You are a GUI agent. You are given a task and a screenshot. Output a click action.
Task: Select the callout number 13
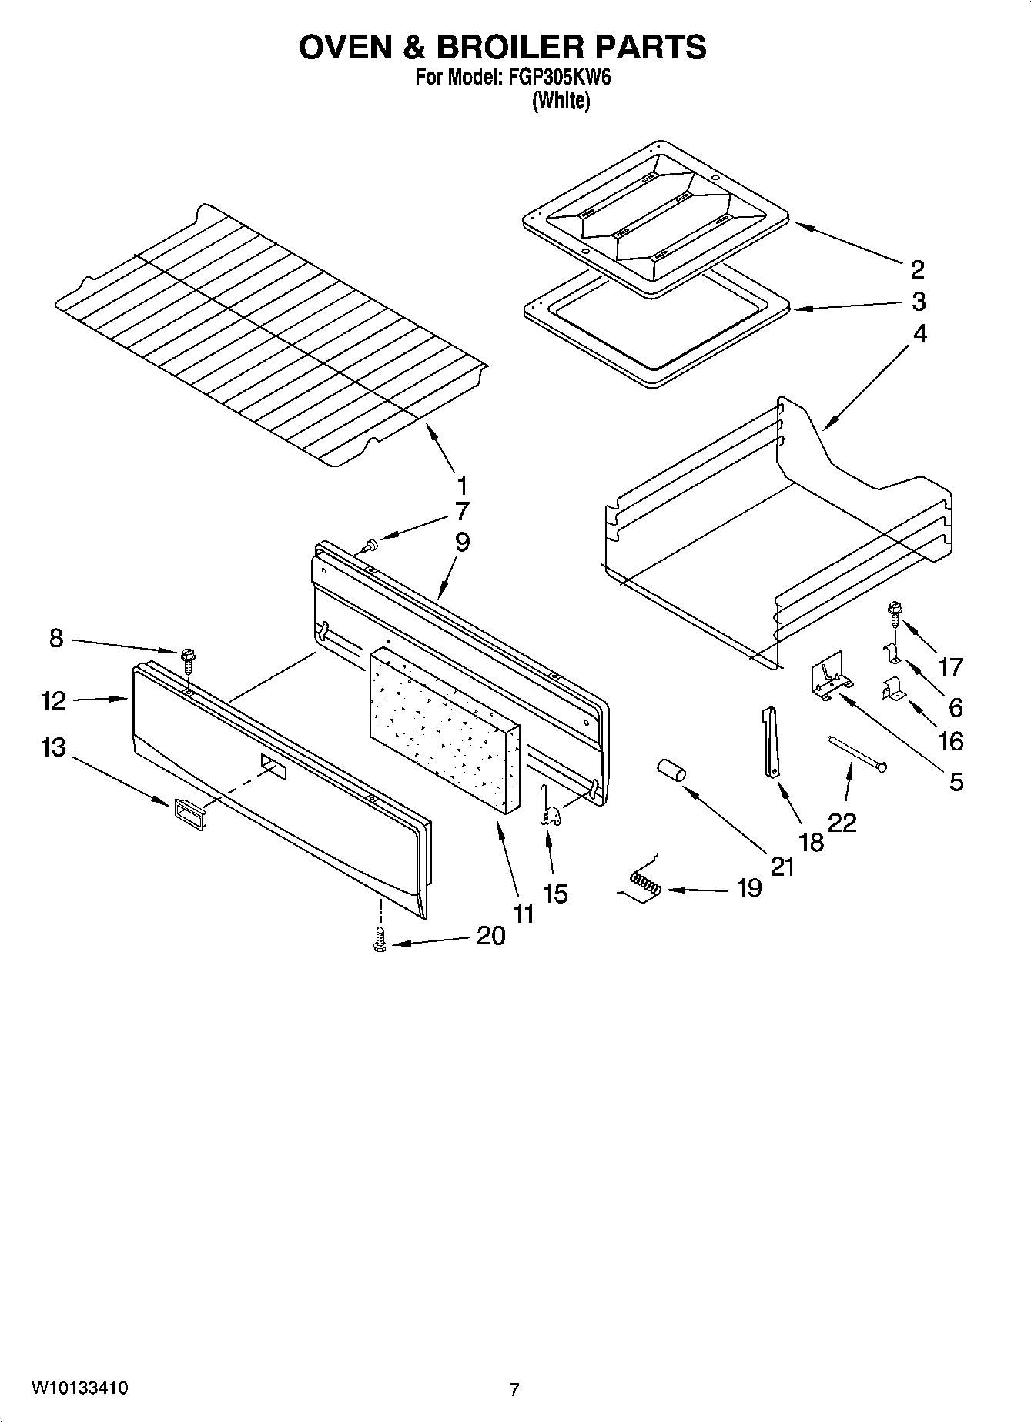pos(53,747)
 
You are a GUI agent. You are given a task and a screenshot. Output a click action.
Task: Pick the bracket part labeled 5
pos(828,677)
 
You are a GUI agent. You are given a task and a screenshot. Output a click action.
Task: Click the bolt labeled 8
pos(187,658)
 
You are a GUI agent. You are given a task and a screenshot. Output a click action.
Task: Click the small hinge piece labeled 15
pos(547,807)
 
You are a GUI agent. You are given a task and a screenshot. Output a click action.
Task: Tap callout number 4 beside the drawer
pos(920,334)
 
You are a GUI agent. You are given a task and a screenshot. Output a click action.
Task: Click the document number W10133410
pos(79,1388)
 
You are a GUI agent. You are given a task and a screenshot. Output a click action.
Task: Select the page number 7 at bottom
pos(514,1389)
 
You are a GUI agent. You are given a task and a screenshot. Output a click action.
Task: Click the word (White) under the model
pos(561,100)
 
